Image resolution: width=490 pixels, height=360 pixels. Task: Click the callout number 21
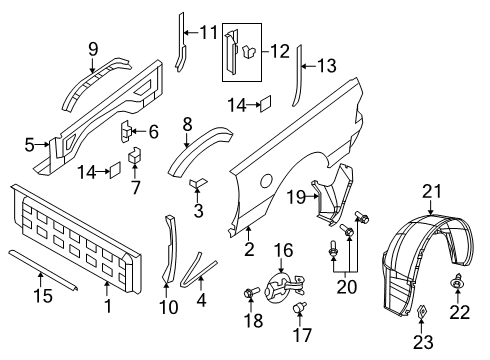pyautogui.click(x=431, y=191)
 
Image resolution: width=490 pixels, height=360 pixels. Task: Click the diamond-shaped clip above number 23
pyautogui.click(x=422, y=323)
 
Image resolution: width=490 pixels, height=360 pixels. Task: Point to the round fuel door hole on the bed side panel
pyautogui.click(x=266, y=180)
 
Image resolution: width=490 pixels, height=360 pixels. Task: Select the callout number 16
pyautogui.click(x=283, y=249)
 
